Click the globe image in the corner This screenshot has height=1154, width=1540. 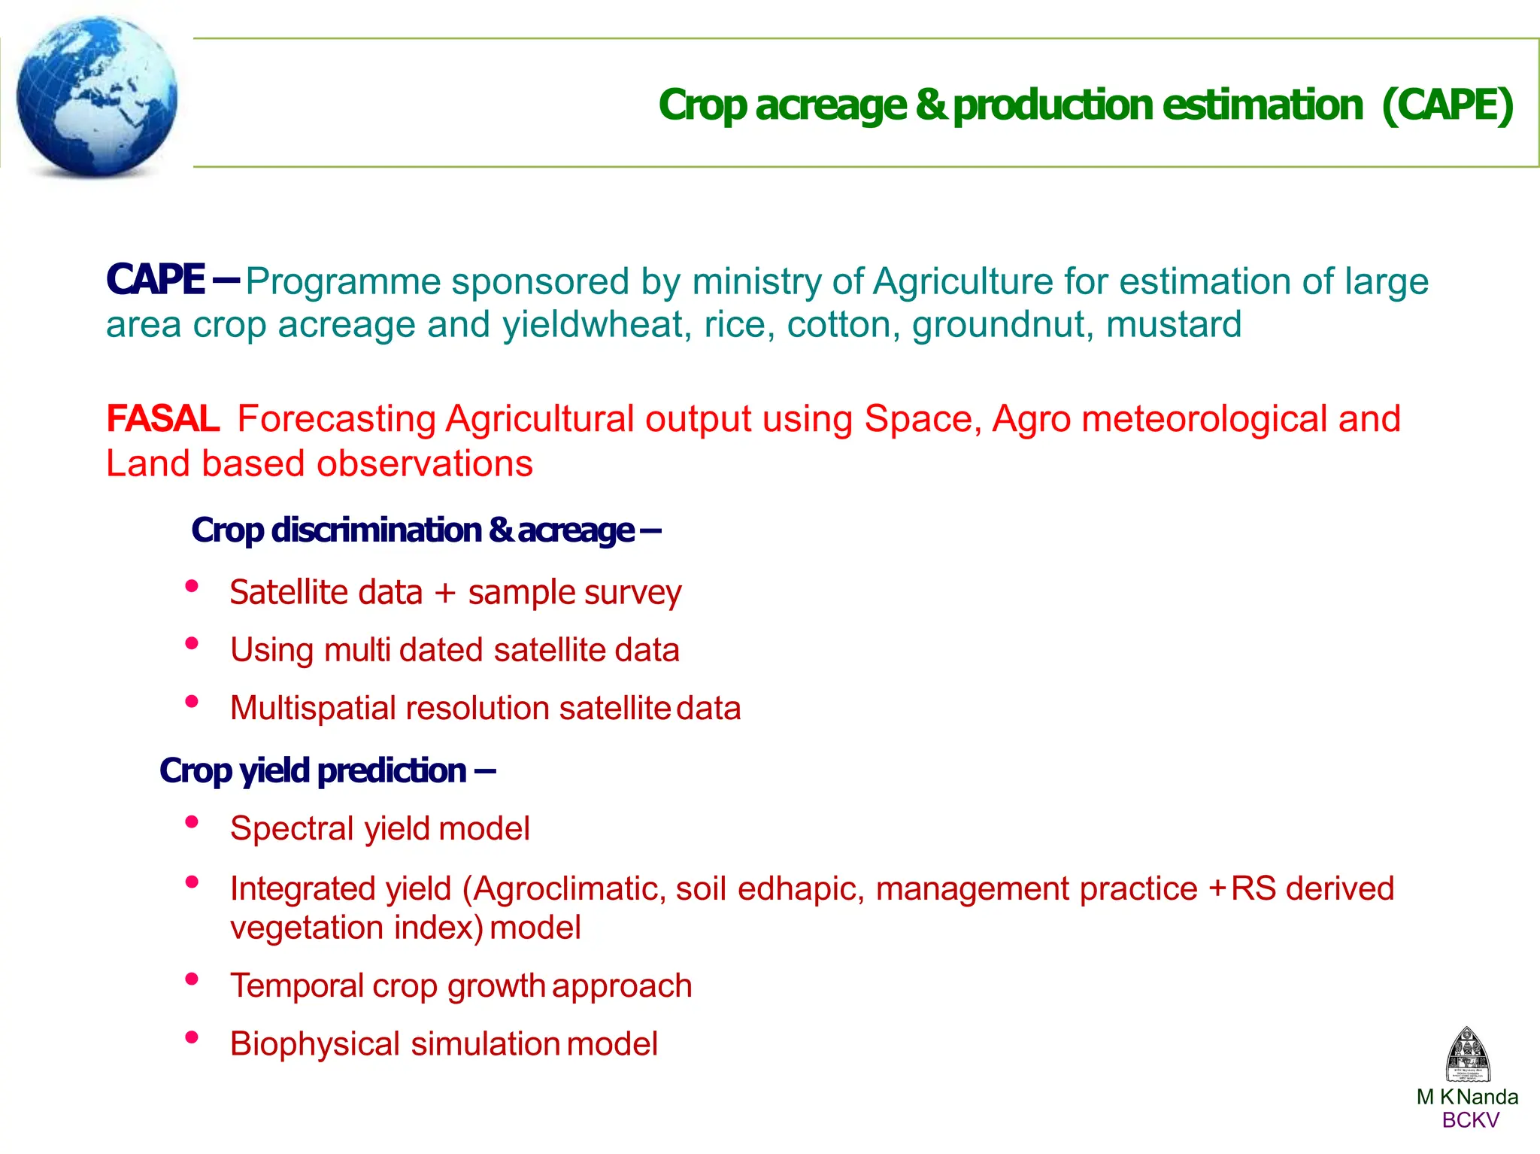pyautogui.click(x=96, y=96)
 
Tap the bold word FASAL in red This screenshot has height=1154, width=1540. pyautogui.click(x=162, y=418)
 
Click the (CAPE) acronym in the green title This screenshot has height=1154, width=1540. pyautogui.click(x=1448, y=105)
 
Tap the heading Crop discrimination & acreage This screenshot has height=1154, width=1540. pyautogui.click(x=426, y=530)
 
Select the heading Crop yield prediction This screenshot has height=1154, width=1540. pyautogui.click(x=327, y=770)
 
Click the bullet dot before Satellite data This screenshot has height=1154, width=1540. pyautogui.click(x=192, y=585)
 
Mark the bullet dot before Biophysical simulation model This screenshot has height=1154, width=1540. pyautogui.click(x=192, y=1037)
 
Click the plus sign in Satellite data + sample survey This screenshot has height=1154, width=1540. pyautogui.click(x=445, y=593)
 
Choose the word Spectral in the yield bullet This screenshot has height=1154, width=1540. pyautogui.click(x=292, y=829)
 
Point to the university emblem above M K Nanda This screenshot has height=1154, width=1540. pyautogui.click(x=1467, y=1055)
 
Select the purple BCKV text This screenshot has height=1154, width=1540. pyautogui.click(x=1470, y=1120)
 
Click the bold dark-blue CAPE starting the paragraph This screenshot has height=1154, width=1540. pyautogui.click(x=156, y=280)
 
